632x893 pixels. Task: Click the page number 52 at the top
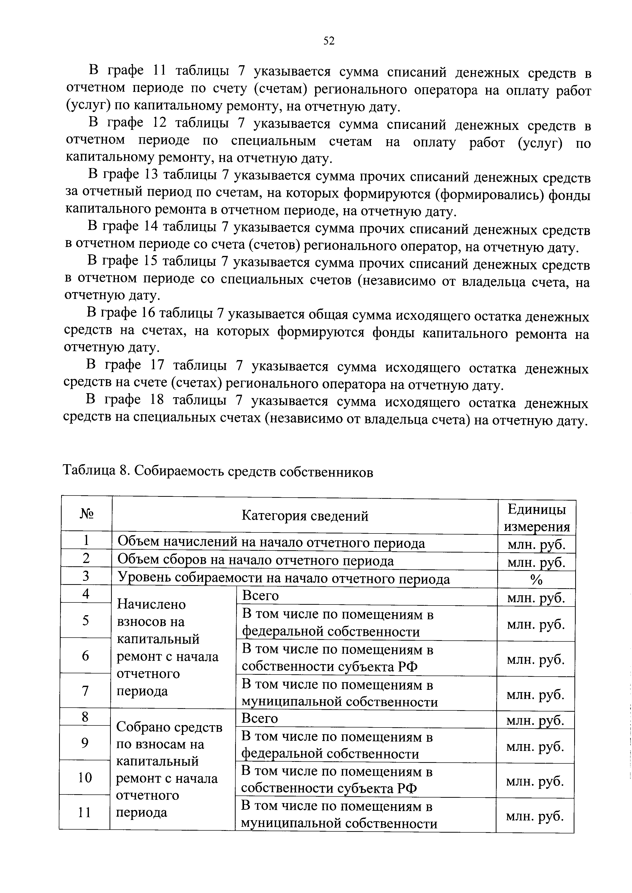[x=329, y=41]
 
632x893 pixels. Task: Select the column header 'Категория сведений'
[x=305, y=516]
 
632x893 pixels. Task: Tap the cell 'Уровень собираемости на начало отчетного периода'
[x=283, y=579]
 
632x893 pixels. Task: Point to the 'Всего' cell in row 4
[x=260, y=596]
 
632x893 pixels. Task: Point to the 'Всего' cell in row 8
[x=260, y=718]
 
